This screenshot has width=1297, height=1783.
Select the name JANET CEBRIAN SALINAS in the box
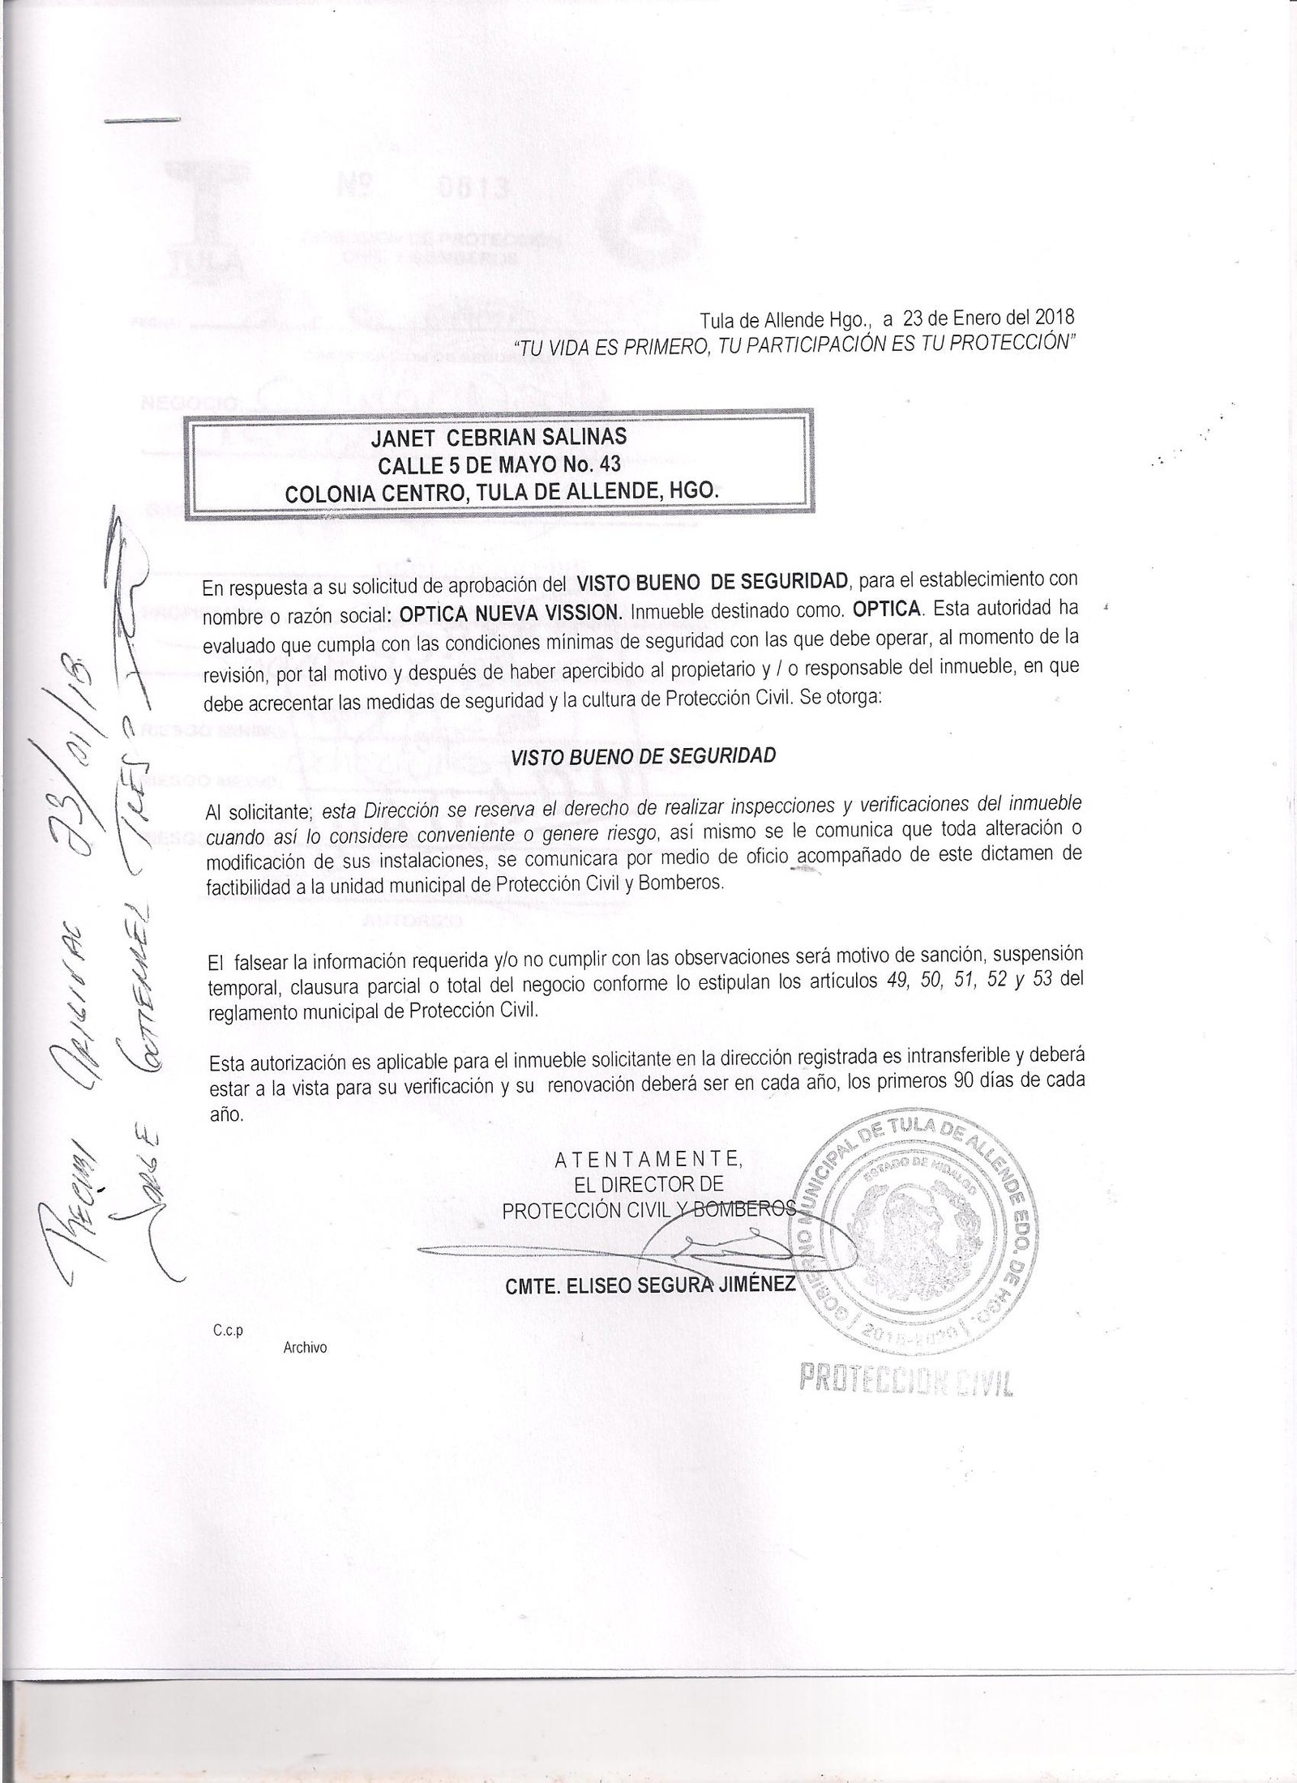click(x=499, y=438)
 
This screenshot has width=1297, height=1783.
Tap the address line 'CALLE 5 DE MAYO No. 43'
click(x=499, y=464)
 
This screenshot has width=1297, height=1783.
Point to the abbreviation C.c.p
click(x=229, y=1330)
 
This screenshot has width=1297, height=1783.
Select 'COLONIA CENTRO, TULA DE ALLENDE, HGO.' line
click(x=499, y=491)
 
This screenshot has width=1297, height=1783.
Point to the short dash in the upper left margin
click(x=142, y=121)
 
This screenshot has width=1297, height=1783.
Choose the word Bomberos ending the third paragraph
click(x=688, y=884)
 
